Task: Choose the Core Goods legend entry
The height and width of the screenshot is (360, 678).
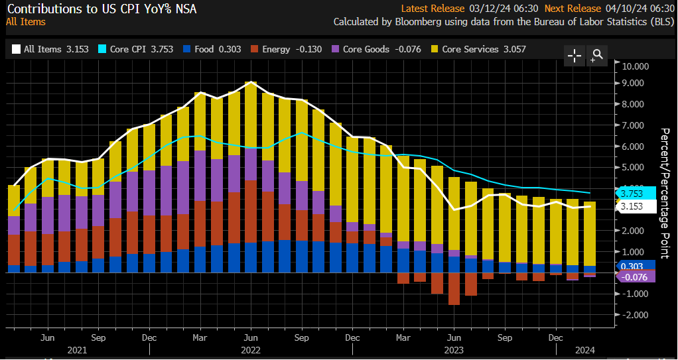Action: pyautogui.click(x=377, y=49)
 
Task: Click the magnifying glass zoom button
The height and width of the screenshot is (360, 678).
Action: pyautogui.click(x=597, y=55)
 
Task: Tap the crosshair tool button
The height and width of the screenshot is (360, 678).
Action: pyautogui.click(x=575, y=56)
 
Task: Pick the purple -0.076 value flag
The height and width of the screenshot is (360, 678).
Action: pyautogui.click(x=638, y=276)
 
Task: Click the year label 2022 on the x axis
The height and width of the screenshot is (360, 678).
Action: pyautogui.click(x=250, y=349)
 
